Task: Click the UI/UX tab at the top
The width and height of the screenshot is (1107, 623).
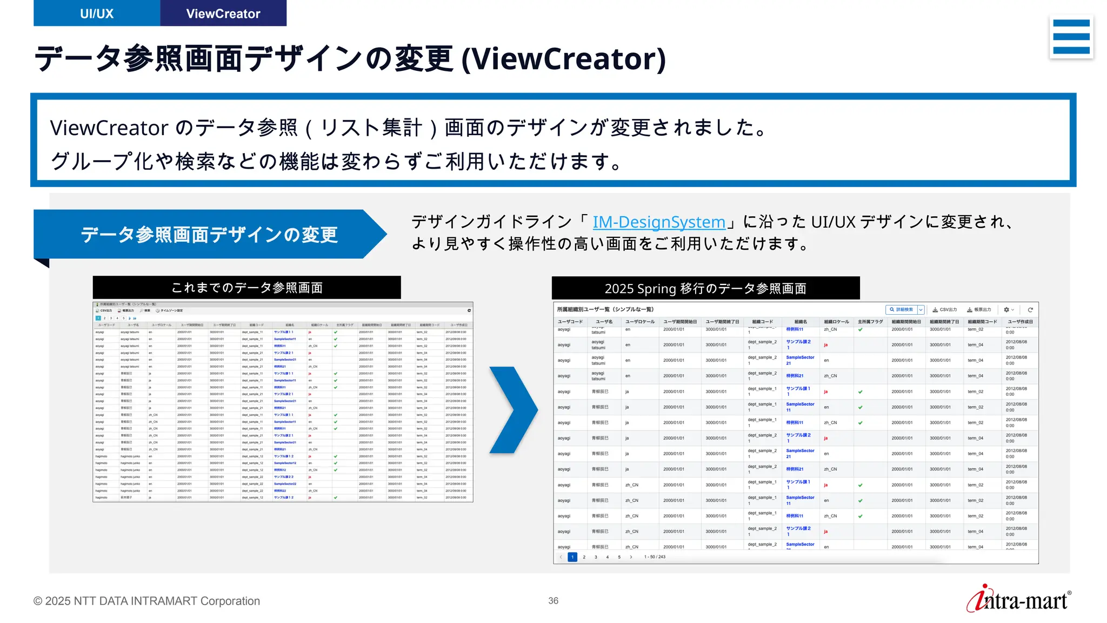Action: coord(97,14)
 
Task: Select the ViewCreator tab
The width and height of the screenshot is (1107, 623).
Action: coord(223,14)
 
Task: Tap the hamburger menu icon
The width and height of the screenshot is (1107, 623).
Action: coord(1071,37)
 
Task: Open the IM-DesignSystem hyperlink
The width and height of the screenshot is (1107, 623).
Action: coord(658,222)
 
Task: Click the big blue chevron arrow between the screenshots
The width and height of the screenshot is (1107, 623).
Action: coord(513,410)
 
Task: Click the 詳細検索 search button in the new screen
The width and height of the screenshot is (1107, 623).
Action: coord(901,310)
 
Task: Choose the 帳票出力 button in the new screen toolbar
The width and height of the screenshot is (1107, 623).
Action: coord(979,310)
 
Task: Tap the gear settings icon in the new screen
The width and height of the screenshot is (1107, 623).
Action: coord(1006,310)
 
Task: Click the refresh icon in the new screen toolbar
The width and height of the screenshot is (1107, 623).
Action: coord(1030,310)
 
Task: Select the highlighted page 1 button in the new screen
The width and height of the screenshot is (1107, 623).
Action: coord(572,557)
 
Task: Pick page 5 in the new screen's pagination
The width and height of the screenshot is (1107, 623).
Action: coord(619,557)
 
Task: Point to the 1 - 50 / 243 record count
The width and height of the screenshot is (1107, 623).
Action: coord(655,557)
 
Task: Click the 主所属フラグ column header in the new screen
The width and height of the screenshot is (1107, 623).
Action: coord(870,322)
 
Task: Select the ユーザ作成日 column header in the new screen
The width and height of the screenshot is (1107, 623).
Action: coord(1020,322)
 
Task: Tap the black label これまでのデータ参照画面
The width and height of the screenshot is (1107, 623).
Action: coord(246,288)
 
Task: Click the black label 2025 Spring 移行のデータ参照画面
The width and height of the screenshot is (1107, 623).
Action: coord(705,288)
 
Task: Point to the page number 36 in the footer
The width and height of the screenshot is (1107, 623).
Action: coord(553,601)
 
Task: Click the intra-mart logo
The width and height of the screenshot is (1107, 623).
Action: coord(1018,599)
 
